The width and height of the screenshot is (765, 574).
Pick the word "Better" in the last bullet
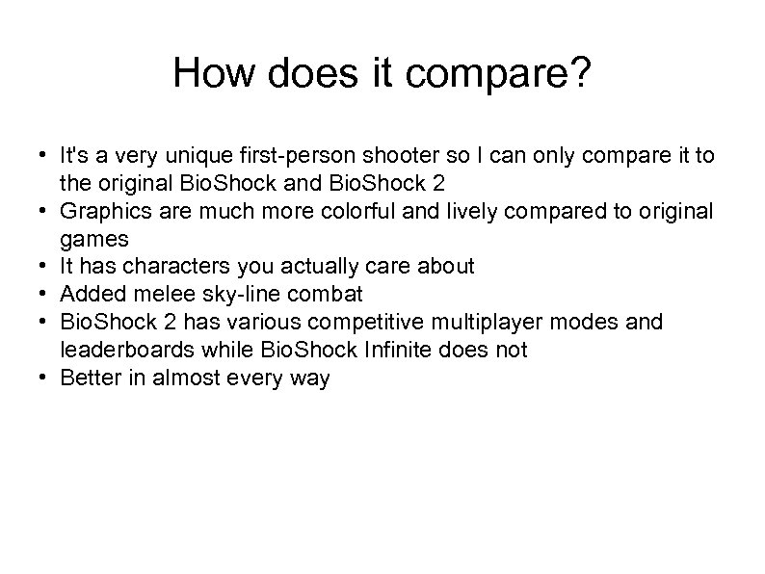point(89,378)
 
